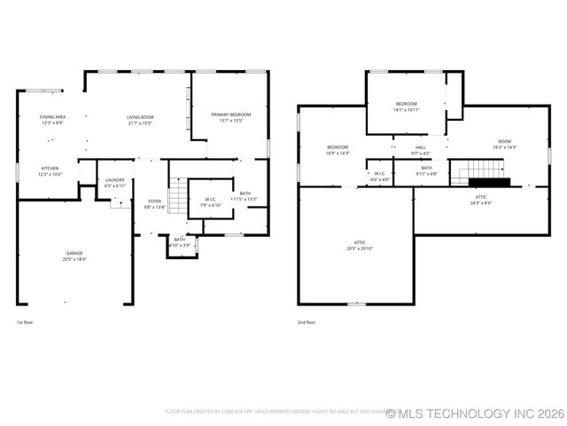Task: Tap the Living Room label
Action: [x=140, y=119]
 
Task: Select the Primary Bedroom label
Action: [x=230, y=116]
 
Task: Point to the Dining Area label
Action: [x=52, y=119]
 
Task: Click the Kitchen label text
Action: [x=50, y=170]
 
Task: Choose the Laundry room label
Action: [x=115, y=182]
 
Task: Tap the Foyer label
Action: [x=154, y=203]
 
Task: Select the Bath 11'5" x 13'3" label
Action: [x=245, y=196]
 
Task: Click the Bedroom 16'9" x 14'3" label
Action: [x=338, y=149]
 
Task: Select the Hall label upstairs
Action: [x=421, y=150]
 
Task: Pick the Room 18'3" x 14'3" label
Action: [x=504, y=144]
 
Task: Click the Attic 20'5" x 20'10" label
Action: [x=360, y=245]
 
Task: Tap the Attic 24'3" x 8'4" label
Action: [x=481, y=200]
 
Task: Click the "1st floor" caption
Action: [x=26, y=322]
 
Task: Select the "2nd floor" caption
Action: [x=307, y=322]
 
